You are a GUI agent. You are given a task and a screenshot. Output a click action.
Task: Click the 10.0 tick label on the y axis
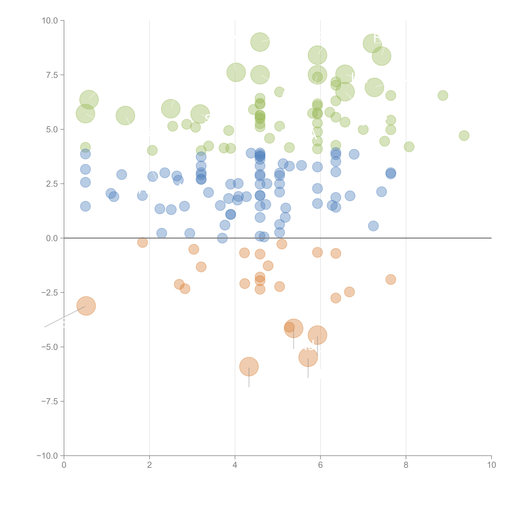point(50,21)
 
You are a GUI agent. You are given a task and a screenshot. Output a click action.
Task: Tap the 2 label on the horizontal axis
point(150,465)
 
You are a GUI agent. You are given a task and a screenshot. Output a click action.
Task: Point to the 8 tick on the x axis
point(406,465)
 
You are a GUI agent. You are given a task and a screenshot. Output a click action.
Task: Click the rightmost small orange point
point(391,279)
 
